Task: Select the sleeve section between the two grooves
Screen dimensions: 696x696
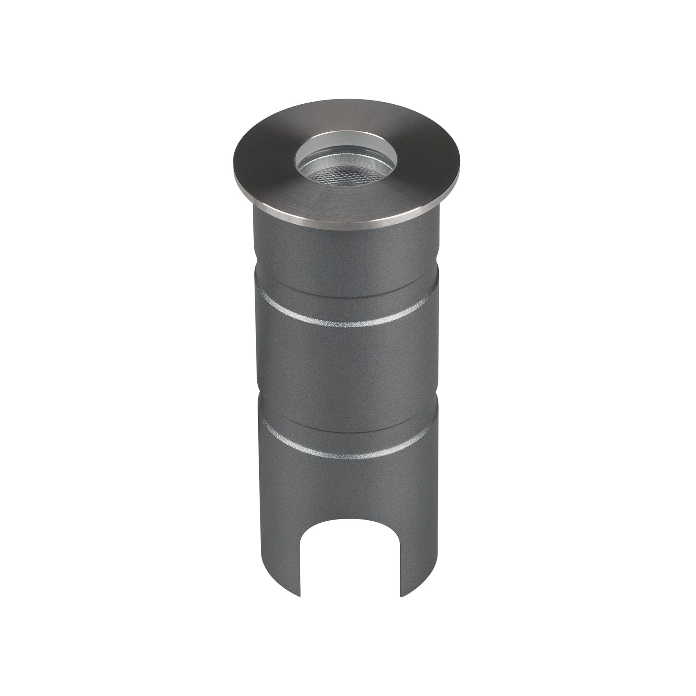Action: click(346, 364)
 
